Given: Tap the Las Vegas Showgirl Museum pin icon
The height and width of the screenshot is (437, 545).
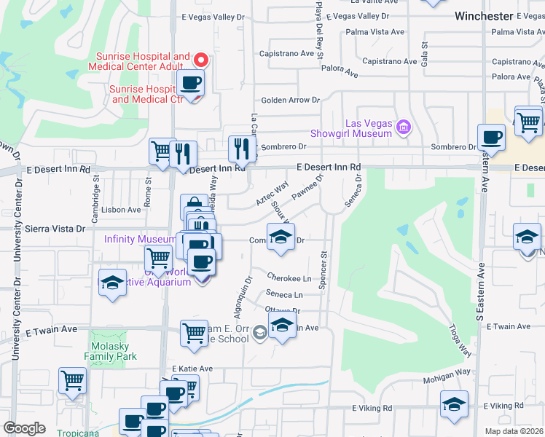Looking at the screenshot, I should [404, 128].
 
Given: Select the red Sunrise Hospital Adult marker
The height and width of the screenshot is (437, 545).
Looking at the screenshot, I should [202, 61].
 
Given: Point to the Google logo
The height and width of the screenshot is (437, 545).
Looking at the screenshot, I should [24, 428].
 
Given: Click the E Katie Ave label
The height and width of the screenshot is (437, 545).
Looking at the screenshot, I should [192, 369].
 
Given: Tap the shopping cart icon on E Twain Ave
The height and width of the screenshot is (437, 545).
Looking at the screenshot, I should [194, 333].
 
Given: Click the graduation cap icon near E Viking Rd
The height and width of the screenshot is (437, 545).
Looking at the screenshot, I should [454, 405].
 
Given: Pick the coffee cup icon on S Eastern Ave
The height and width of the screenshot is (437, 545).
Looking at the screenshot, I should [491, 137].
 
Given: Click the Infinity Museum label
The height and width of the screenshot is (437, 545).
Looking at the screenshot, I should [139, 238].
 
